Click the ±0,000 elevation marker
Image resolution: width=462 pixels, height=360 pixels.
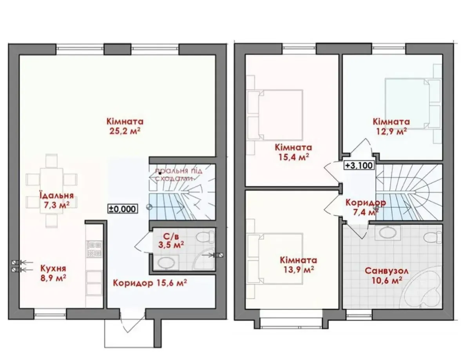(x=122, y=209)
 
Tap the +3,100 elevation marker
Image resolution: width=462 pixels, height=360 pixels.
(x=359, y=165)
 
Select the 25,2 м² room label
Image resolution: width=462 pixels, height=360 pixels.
(x=125, y=126)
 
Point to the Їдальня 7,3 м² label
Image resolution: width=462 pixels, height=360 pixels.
(x=56, y=200)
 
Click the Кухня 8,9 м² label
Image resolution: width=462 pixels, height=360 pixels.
(x=53, y=273)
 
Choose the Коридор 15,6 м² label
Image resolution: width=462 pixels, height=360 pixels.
(x=150, y=283)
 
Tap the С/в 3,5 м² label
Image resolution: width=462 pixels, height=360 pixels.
(x=171, y=240)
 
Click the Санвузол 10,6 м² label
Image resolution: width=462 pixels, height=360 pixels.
(x=384, y=275)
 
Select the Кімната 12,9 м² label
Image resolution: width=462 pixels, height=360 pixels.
(x=391, y=126)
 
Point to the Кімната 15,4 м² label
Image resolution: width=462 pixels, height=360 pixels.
(x=294, y=152)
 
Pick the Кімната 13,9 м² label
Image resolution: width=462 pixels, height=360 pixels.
(x=298, y=264)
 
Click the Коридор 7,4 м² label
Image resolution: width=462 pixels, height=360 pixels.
(x=365, y=207)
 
